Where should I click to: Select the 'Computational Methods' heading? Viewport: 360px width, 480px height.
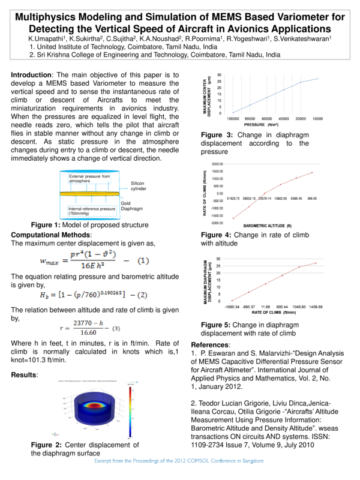51,234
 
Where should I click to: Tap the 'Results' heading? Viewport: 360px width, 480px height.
25,375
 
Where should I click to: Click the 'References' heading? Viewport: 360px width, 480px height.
210,345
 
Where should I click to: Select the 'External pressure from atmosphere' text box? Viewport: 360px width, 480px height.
89,178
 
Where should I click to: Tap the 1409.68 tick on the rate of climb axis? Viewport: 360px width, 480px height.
316,307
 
